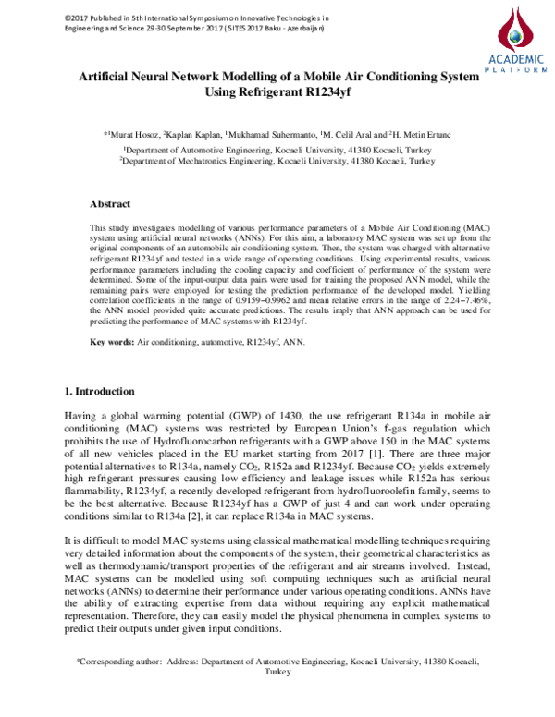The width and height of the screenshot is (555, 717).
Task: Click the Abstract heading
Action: coord(109,203)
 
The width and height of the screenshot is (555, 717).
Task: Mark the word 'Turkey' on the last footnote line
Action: coord(277,674)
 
